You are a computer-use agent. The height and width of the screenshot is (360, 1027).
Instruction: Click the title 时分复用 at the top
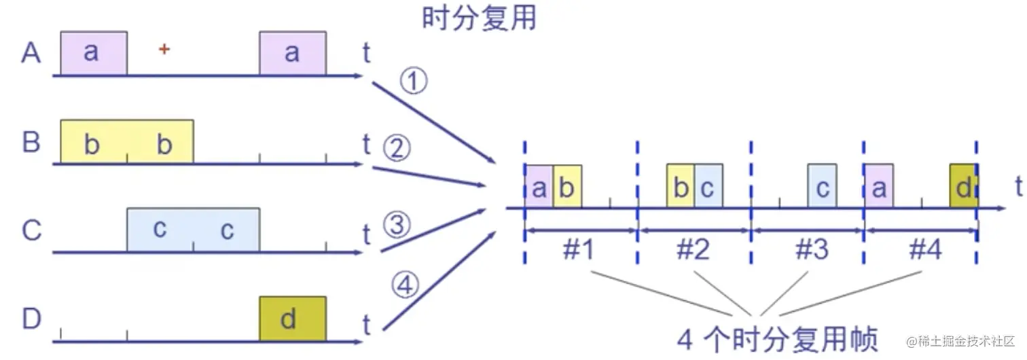(x=480, y=18)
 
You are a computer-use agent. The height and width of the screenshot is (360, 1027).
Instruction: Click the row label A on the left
(x=31, y=53)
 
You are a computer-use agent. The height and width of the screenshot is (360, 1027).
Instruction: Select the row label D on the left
(x=31, y=319)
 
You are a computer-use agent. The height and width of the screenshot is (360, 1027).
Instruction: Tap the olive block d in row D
(x=292, y=319)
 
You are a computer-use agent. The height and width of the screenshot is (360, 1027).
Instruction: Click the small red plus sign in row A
(x=164, y=49)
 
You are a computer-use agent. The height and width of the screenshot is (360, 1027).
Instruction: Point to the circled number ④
(x=405, y=288)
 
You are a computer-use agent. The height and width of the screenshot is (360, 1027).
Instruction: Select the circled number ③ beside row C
(x=397, y=223)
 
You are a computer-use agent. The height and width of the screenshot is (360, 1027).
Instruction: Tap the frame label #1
(x=579, y=251)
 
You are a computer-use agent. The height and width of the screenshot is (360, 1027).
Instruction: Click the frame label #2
(x=693, y=251)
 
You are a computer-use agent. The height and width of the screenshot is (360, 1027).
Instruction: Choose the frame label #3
(x=812, y=251)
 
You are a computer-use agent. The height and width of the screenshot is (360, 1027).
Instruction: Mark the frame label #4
(x=924, y=251)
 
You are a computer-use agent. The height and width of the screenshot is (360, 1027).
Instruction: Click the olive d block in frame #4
(x=963, y=186)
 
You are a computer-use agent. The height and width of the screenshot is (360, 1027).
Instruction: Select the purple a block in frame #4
(x=878, y=186)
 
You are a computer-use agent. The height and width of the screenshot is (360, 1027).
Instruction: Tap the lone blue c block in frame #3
(x=822, y=186)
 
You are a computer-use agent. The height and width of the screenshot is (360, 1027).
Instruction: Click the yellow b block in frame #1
(x=567, y=186)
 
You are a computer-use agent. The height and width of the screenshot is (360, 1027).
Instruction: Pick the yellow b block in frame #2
(x=680, y=186)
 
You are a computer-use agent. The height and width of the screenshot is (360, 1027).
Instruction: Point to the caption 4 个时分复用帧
(x=777, y=338)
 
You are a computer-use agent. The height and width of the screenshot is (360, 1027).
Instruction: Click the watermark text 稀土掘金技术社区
(x=965, y=340)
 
